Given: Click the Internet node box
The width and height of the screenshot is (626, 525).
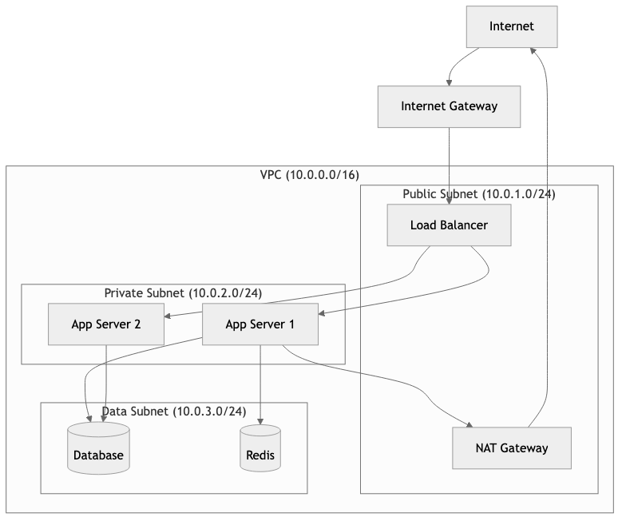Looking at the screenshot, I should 512,26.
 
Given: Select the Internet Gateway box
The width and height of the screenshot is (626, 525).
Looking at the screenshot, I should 449,106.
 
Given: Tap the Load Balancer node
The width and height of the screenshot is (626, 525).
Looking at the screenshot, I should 449,225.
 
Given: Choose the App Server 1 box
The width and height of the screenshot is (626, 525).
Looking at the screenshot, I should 260,324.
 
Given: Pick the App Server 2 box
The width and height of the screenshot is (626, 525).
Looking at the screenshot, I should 105,324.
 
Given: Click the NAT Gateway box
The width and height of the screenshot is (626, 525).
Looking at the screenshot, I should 512,447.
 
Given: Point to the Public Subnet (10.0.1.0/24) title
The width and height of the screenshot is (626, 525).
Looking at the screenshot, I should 479,194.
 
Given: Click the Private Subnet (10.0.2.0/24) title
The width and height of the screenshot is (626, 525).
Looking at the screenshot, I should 183,293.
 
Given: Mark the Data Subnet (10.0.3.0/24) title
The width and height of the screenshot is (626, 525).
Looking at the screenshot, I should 174,412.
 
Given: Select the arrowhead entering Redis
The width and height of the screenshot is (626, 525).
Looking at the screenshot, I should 260,420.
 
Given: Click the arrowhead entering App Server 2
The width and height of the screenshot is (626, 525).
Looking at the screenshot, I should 168,316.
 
